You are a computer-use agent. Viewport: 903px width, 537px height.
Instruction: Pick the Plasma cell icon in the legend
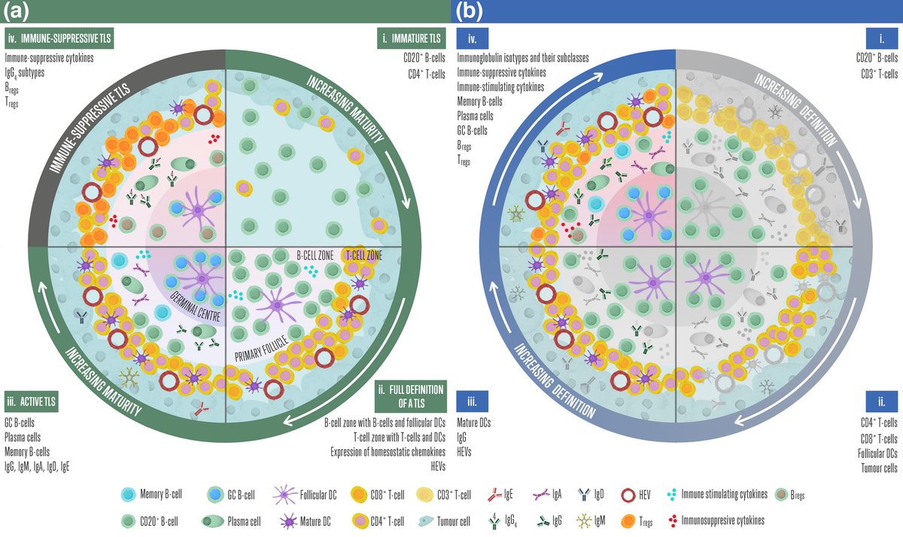point(213,520)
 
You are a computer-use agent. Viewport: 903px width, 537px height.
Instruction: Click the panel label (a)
point(17,10)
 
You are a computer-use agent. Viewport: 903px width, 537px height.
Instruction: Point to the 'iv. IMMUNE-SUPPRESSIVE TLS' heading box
point(58,37)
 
